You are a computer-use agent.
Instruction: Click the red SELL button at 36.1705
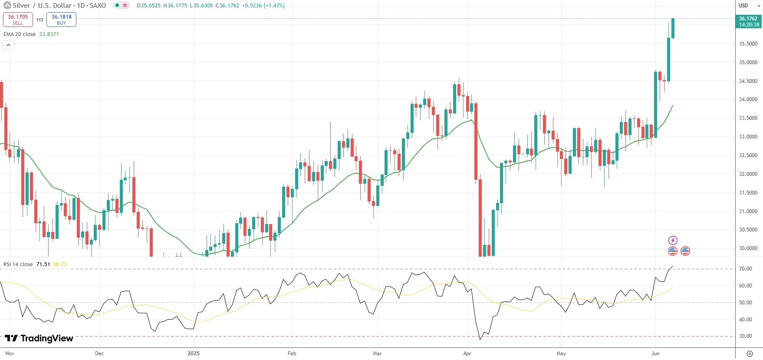pos(18,20)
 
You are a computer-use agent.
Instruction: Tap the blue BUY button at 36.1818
pos(61,20)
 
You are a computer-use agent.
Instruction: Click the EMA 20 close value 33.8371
pos(49,34)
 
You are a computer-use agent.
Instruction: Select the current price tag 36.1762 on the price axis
pos(749,21)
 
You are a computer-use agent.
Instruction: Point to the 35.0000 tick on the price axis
pos(748,63)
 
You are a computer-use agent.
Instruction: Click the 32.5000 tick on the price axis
pos(748,155)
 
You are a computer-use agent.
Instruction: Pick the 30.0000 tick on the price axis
pos(748,248)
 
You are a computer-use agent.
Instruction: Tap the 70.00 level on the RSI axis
pos(745,269)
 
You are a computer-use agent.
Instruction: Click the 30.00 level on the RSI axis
pos(745,336)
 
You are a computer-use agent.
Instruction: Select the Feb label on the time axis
pos(292,353)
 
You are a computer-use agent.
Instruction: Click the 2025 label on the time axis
pos(194,353)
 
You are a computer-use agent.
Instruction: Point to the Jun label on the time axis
pos(655,353)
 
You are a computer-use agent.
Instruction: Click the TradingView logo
pos(39,338)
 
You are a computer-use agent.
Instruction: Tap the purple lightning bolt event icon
pos(672,240)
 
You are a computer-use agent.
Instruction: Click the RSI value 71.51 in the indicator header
pos(43,264)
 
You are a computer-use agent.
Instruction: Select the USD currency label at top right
pos(743,6)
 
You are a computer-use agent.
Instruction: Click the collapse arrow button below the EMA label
pos(8,45)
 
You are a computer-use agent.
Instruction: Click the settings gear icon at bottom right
pos(749,353)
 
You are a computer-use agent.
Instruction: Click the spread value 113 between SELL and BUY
pos(39,20)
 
